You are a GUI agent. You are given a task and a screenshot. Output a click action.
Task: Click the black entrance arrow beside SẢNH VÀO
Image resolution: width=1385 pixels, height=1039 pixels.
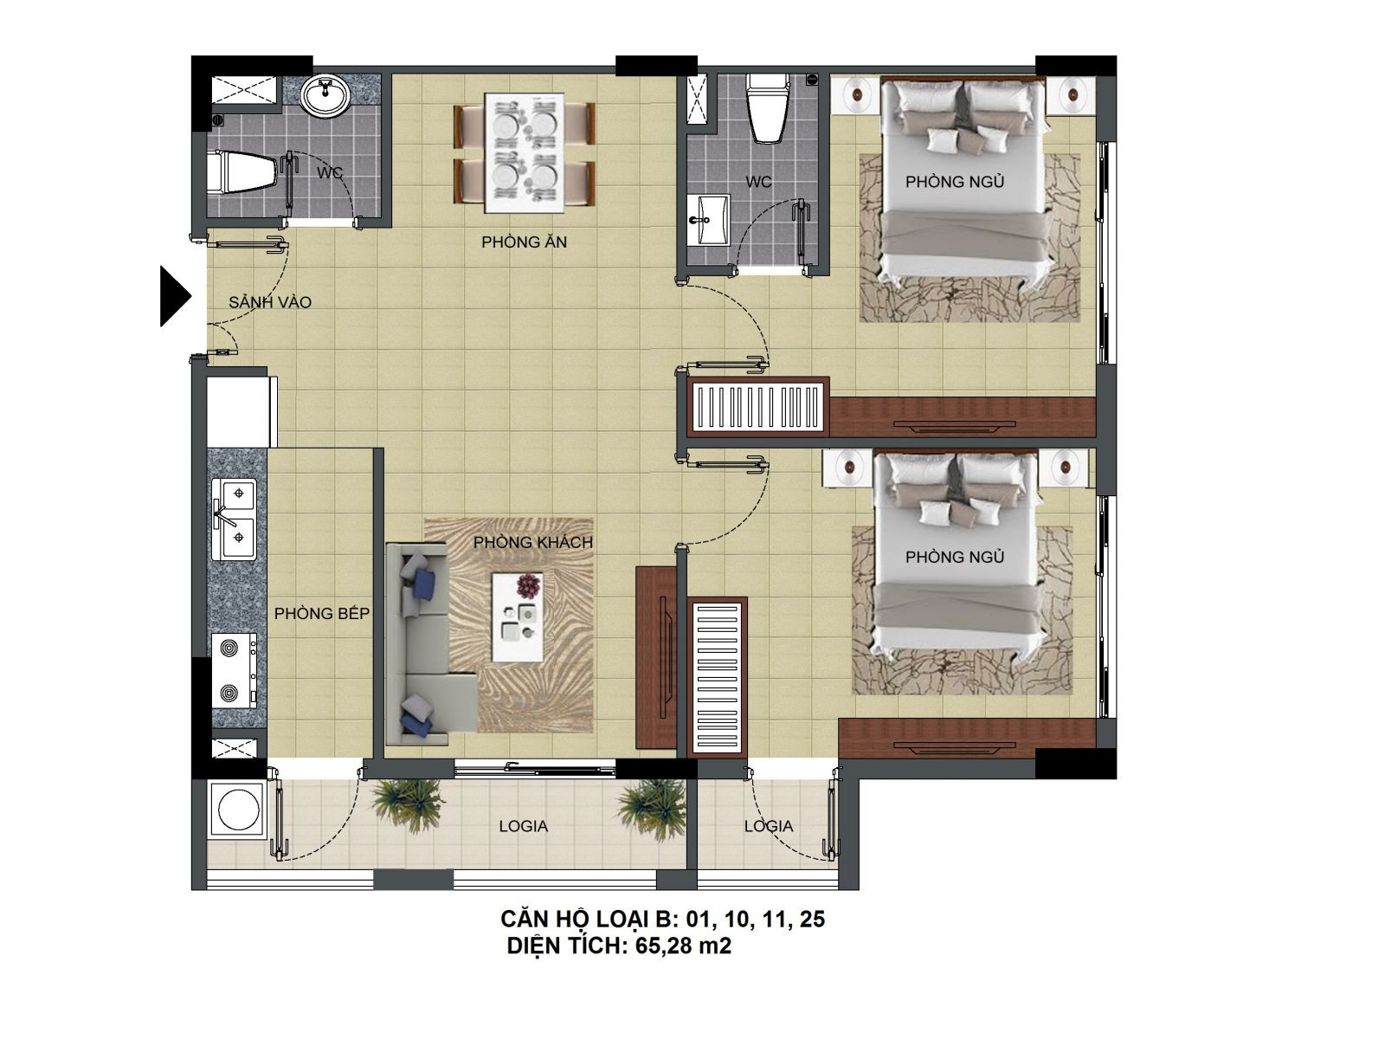(174, 296)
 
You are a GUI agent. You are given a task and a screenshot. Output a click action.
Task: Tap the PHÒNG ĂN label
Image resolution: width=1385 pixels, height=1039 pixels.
(524, 242)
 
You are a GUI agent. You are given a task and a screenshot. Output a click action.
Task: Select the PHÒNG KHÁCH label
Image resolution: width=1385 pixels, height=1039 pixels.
(532, 542)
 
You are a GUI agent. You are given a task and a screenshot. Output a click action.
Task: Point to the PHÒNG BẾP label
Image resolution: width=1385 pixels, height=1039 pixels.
(322, 613)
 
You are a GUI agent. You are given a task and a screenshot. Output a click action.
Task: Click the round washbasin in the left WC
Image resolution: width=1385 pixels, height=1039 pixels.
(325, 96)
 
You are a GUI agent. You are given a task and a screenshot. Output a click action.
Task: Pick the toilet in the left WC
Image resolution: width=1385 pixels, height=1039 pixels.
(242, 171)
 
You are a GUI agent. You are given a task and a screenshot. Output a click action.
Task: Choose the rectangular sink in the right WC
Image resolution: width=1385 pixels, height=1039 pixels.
(708, 220)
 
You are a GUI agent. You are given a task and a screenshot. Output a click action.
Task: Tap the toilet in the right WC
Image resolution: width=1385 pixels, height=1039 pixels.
(767, 108)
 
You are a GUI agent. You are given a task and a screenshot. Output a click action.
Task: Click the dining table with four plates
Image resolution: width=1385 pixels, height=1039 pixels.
(524, 154)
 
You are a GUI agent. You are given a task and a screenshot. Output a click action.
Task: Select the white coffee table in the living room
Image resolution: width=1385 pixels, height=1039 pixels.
(518, 616)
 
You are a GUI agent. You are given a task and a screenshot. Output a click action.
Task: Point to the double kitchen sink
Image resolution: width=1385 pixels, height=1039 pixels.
(234, 519)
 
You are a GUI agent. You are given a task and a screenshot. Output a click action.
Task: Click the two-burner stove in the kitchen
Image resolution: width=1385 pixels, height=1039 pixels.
(234, 670)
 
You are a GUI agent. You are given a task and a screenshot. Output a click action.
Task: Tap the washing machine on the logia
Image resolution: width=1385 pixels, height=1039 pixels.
(238, 810)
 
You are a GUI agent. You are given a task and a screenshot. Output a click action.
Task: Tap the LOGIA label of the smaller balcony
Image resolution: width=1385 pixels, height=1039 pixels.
(768, 826)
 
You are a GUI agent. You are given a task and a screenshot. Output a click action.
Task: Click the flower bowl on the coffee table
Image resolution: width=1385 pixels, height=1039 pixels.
(529, 585)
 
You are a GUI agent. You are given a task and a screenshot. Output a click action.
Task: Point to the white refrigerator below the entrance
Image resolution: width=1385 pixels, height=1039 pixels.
(242, 412)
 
